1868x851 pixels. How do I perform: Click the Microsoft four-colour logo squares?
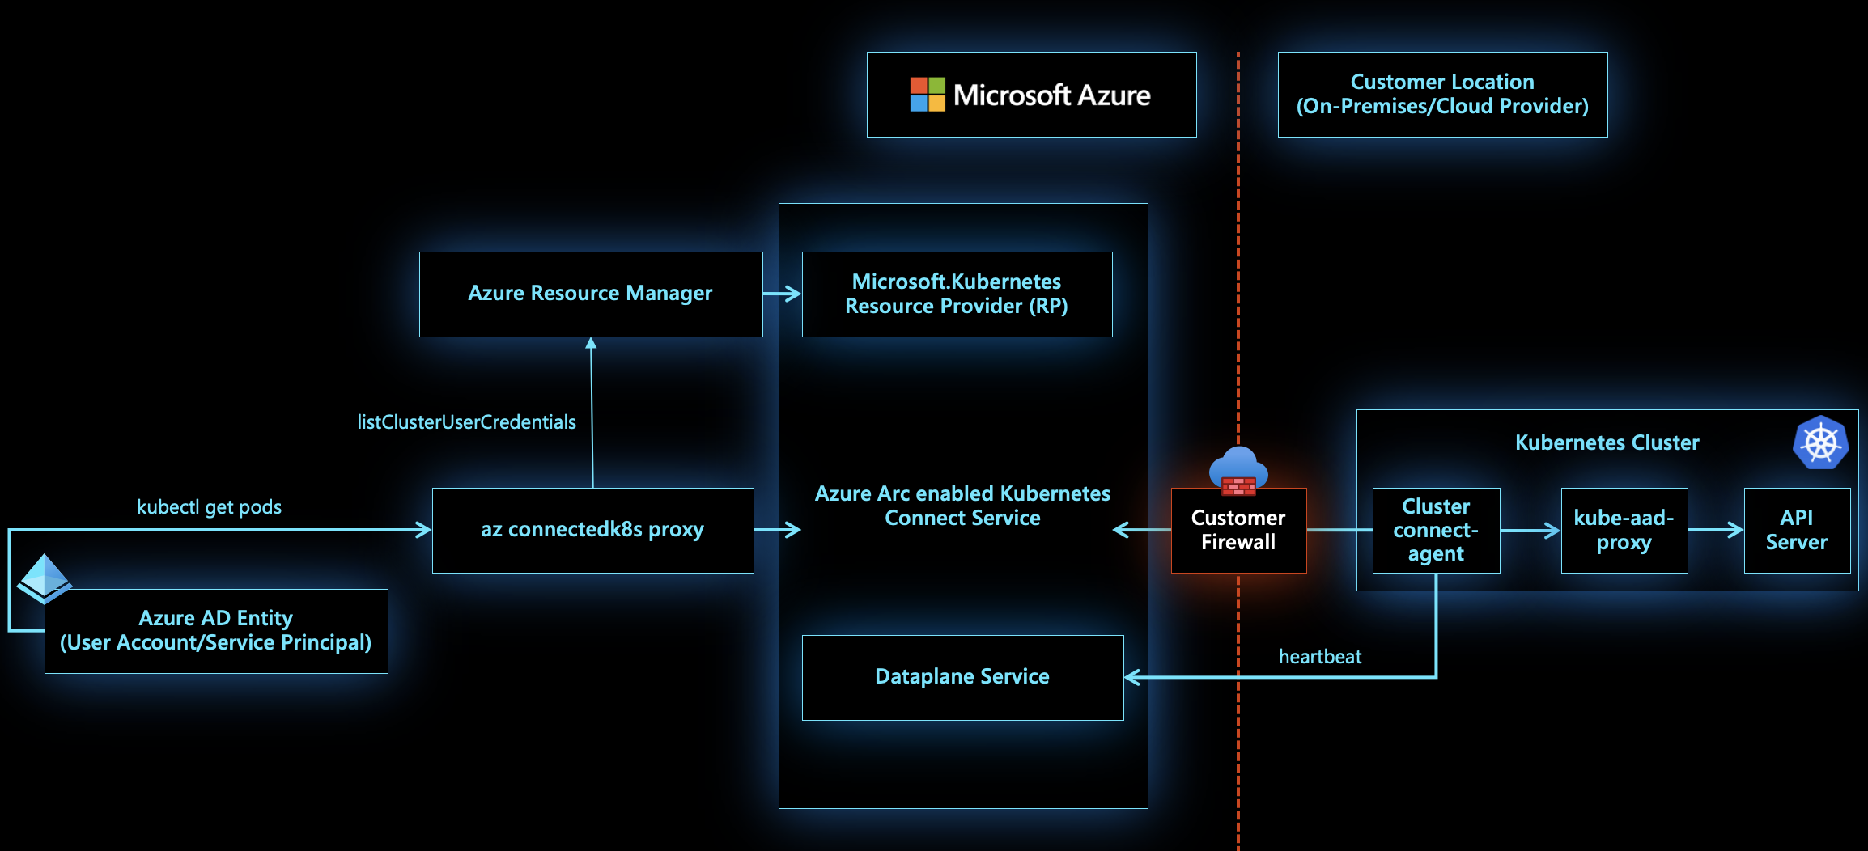pos(928,95)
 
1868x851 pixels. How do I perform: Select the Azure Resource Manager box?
pos(591,294)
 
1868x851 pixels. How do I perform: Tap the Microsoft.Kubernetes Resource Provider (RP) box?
pos(957,294)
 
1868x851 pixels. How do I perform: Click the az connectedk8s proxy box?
pos(592,530)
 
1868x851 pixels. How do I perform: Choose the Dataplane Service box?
pos(962,677)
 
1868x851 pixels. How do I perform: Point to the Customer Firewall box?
pos(1238,531)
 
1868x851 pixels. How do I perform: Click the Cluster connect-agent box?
pos(1436,531)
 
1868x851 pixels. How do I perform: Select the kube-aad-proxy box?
pos(1624,531)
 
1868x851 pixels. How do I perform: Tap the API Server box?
pos(1797,531)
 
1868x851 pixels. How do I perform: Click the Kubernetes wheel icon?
pos(1820,442)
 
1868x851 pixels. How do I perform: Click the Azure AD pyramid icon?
pos(45,578)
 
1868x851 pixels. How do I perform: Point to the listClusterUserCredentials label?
pos(467,422)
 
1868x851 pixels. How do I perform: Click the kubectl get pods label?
pos(209,507)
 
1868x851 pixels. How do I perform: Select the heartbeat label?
pos(1320,657)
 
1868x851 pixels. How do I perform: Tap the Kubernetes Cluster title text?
pos(1607,442)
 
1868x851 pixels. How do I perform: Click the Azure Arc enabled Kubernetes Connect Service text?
pos(962,506)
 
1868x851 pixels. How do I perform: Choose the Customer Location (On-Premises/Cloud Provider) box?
pos(1442,95)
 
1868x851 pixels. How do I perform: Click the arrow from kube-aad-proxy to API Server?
pos(1716,531)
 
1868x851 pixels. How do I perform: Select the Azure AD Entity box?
pos(216,631)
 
